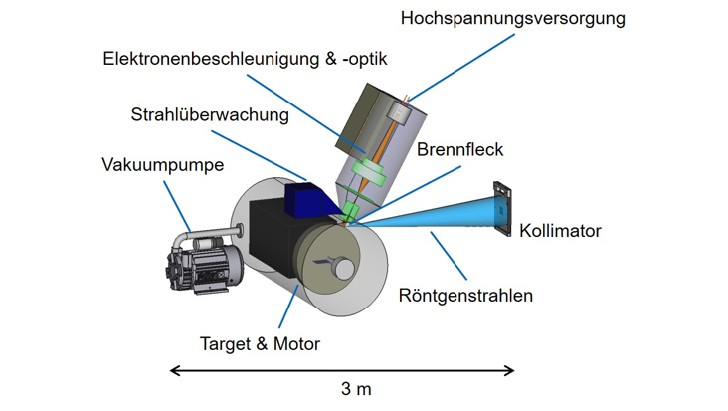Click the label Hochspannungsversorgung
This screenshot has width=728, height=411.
click(x=512, y=17)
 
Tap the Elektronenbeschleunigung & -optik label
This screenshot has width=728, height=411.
click(x=245, y=59)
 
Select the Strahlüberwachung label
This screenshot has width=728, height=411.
click(x=210, y=114)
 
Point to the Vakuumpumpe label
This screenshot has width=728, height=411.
click(x=162, y=164)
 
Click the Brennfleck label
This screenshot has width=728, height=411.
click(x=459, y=150)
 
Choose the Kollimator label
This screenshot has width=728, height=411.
click(x=560, y=231)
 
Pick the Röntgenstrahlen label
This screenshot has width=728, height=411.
click(x=465, y=295)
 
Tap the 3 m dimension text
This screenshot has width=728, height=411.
click(x=355, y=389)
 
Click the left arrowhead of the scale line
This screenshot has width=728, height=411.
click(x=174, y=371)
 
